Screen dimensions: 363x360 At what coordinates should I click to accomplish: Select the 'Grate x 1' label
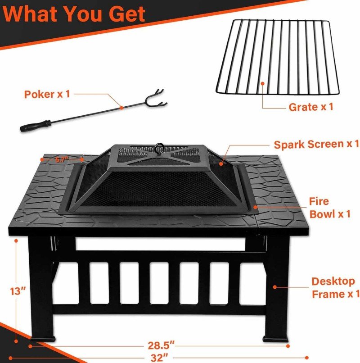point(310,107)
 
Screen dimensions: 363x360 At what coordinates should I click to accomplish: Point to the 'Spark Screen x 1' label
point(316,144)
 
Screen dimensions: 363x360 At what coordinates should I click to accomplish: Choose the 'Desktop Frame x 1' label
point(335,287)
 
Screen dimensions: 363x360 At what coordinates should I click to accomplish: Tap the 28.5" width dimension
point(161,346)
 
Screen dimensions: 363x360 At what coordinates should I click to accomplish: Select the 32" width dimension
point(161,358)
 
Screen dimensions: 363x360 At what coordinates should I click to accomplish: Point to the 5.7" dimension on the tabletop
point(62,159)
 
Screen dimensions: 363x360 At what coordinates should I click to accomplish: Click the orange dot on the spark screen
point(221,164)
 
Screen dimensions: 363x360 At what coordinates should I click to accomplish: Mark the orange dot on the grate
point(263,83)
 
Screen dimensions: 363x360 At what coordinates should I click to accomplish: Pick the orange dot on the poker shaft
point(121,107)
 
